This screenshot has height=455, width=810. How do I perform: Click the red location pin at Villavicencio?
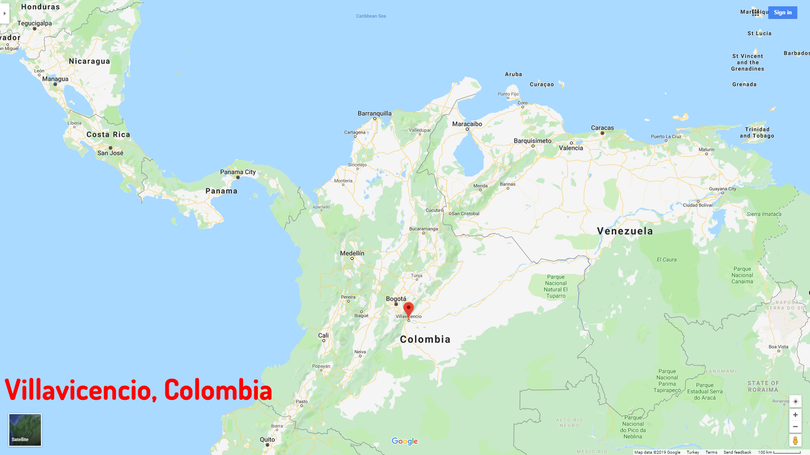pyautogui.click(x=408, y=309)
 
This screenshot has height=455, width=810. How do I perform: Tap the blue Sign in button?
pyautogui.click(x=783, y=13)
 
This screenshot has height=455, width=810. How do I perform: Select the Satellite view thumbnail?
pyautogui.click(x=25, y=430)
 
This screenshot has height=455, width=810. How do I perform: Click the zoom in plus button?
pyautogui.click(x=795, y=415)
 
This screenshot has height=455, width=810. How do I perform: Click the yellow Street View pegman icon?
pyautogui.click(x=795, y=440)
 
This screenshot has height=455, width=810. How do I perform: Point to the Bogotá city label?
pyautogui.click(x=396, y=299)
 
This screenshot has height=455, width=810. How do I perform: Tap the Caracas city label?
pyautogui.click(x=602, y=128)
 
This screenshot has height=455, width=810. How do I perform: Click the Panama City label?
pyautogui.click(x=238, y=172)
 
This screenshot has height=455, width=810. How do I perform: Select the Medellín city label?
pyautogui.click(x=352, y=253)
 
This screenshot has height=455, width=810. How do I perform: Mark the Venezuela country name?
pyautogui.click(x=625, y=231)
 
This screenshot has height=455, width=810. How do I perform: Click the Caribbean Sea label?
pyautogui.click(x=371, y=16)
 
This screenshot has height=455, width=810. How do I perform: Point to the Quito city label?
pyautogui.click(x=267, y=439)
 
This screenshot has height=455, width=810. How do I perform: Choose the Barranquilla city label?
pyautogui.click(x=375, y=113)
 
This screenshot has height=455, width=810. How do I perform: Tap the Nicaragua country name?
pyautogui.click(x=89, y=61)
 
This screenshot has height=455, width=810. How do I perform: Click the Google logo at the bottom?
pyautogui.click(x=405, y=441)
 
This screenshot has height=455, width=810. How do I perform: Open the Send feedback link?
pyautogui.click(x=737, y=452)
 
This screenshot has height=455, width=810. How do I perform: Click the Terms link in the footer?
pyautogui.click(x=711, y=452)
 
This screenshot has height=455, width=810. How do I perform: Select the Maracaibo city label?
pyautogui.click(x=467, y=124)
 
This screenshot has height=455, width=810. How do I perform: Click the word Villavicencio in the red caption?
pyautogui.click(x=78, y=390)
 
